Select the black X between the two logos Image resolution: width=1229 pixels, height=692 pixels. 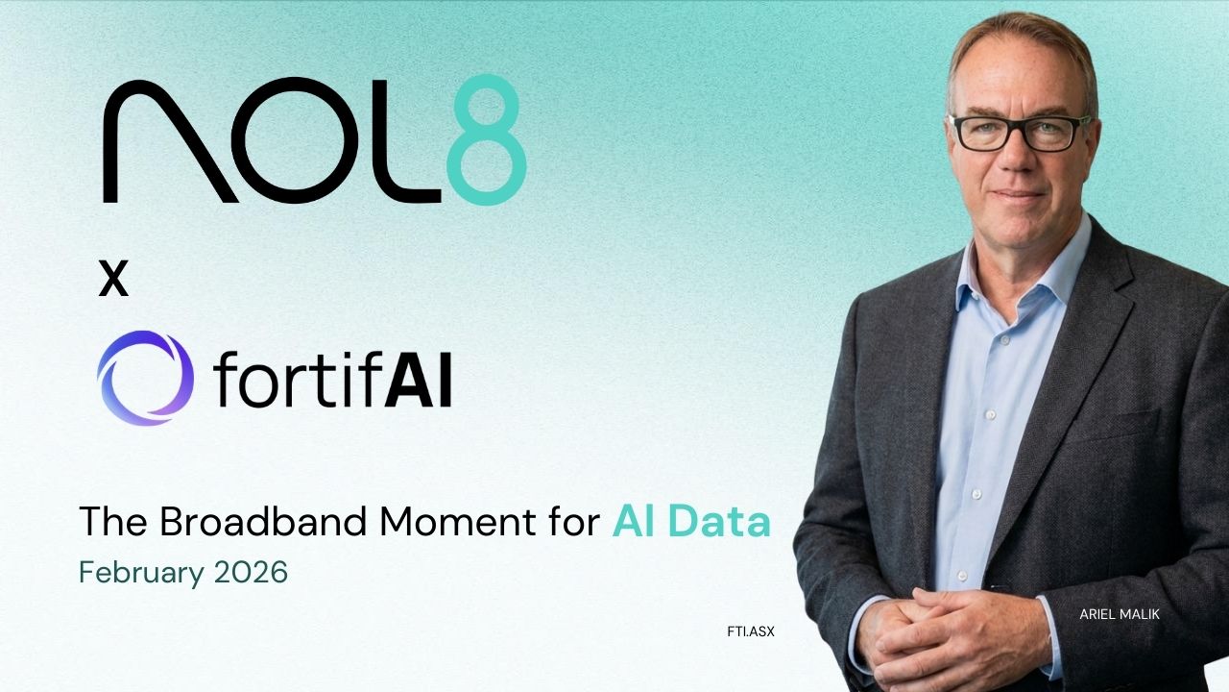(113, 280)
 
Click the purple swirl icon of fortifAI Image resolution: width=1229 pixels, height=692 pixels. (145, 378)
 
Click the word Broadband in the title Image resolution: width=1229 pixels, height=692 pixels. (265, 522)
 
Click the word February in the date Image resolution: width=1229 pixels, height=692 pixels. (138, 573)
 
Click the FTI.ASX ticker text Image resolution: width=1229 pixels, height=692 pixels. (751, 631)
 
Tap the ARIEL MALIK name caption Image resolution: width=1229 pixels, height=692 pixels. (1120, 614)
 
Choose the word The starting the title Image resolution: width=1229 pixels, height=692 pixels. (113, 522)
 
